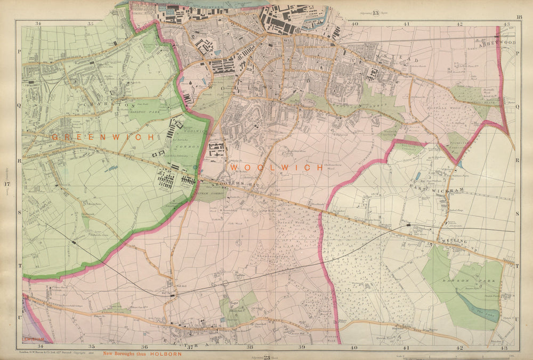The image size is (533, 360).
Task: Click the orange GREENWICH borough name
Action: [103, 137]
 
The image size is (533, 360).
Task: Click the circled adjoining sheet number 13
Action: [375, 13]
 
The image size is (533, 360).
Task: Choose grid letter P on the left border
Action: [19, 53]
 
